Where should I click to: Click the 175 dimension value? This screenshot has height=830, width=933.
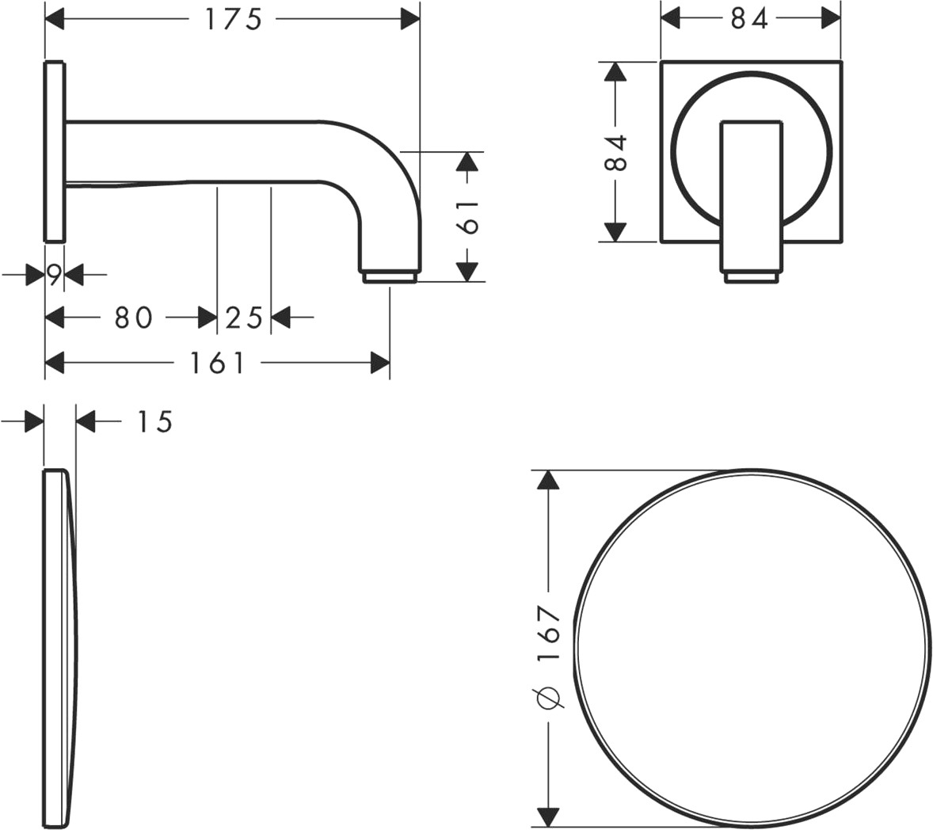point(233,19)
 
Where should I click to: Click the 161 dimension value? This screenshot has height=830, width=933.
point(216,363)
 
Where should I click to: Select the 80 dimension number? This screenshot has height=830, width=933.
point(133,318)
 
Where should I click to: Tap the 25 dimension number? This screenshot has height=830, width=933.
point(244,318)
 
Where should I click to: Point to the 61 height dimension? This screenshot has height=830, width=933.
point(470,216)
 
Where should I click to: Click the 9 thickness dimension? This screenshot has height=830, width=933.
point(54,275)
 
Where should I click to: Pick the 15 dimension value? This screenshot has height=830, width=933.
point(154,422)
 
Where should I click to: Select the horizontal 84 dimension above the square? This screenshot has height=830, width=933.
point(749,19)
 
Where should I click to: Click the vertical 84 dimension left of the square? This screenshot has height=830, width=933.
point(615,152)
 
